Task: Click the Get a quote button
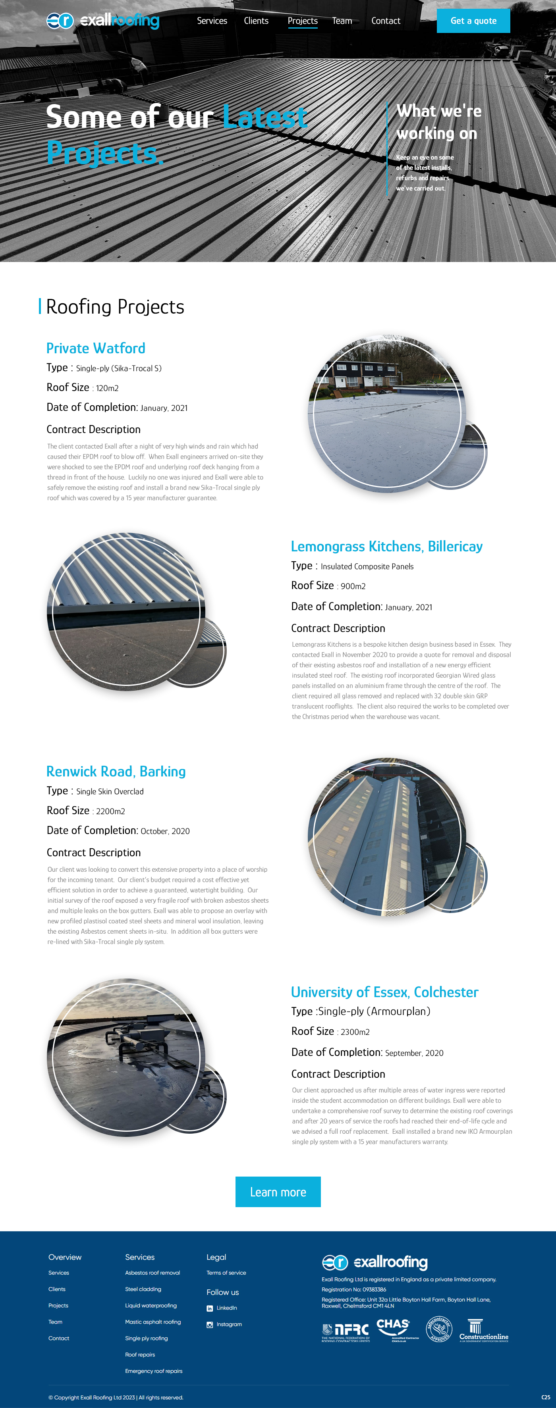[x=473, y=21]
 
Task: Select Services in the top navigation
[x=212, y=21]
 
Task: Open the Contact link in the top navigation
[x=386, y=21]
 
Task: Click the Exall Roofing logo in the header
[x=103, y=21]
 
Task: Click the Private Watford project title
[x=96, y=348]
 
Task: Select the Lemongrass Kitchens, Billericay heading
[x=386, y=546]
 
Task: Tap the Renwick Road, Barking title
[x=116, y=771]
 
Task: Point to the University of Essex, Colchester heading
[x=384, y=992]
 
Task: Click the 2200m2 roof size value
[x=110, y=811]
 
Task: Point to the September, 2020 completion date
[x=414, y=1053]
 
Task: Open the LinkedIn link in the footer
[x=226, y=1308]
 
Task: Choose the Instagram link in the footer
[x=228, y=1324]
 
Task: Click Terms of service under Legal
[x=226, y=1273]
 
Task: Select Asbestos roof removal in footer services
[x=152, y=1273]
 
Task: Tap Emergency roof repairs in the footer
[x=154, y=1371]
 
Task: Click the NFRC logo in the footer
[x=346, y=1331]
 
